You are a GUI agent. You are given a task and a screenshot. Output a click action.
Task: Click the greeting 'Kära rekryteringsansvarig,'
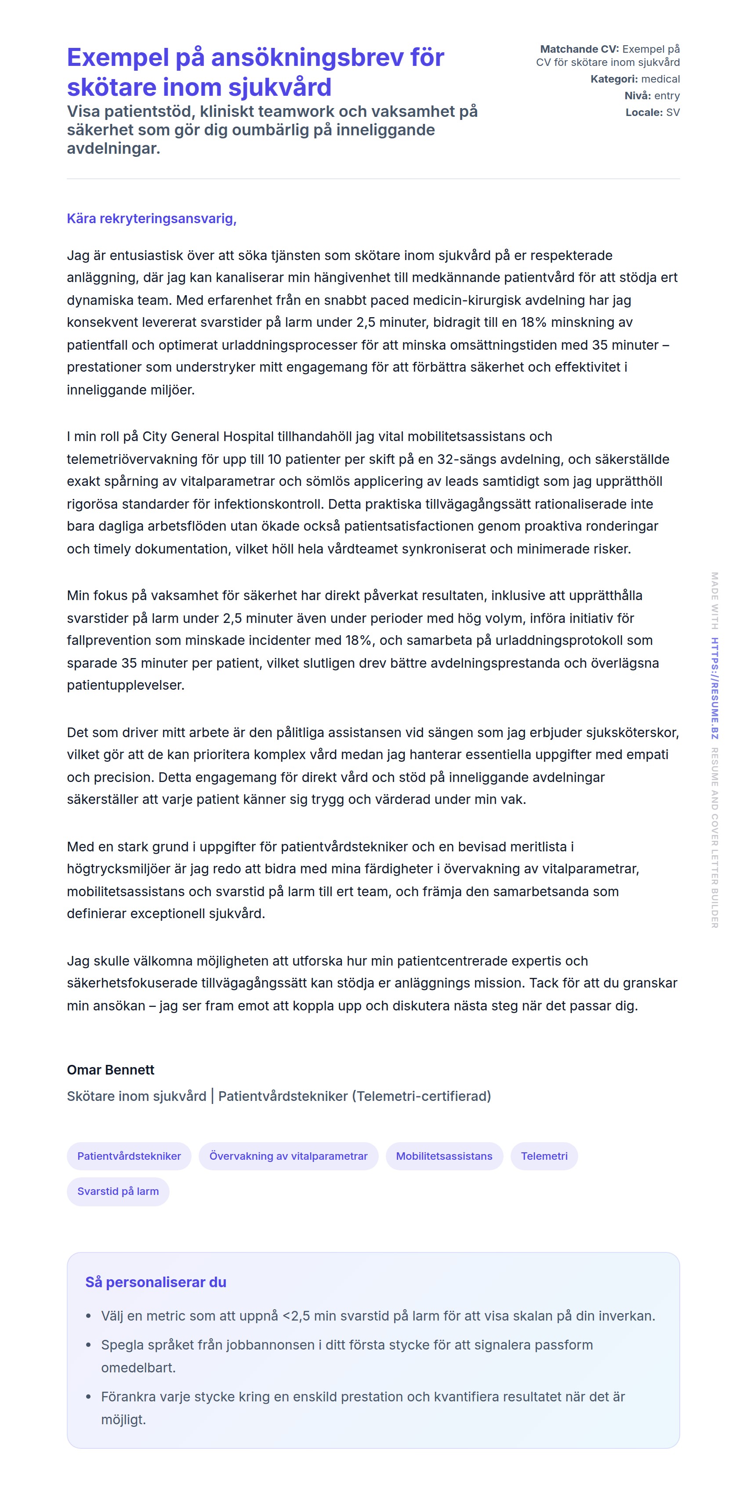[x=152, y=218]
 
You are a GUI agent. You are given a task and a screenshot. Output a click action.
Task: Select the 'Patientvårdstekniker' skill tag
[x=129, y=1156]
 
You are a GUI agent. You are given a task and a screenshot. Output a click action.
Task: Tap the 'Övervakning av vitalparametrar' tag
[x=288, y=1156]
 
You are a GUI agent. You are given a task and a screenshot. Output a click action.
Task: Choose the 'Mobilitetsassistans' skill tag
[x=444, y=1156]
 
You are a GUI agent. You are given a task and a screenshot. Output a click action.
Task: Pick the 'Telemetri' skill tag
[x=544, y=1156]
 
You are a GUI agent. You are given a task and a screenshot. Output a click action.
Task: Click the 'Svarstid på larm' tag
[x=118, y=1191]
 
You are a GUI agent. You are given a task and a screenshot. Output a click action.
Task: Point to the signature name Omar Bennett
[x=111, y=1070]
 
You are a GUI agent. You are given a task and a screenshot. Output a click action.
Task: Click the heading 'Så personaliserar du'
[x=156, y=1282]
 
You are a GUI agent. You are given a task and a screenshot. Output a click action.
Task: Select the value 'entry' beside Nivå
[x=667, y=95]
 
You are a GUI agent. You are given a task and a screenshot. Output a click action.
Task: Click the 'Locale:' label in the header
[x=644, y=112]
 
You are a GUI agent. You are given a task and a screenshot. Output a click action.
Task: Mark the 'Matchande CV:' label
[x=579, y=49]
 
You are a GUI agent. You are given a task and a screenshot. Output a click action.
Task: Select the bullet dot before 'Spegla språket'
[x=89, y=1345]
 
